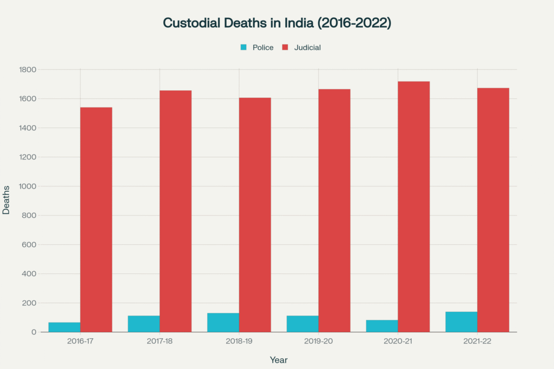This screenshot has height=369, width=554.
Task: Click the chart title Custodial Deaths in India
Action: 277,23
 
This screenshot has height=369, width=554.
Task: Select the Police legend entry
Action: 258,48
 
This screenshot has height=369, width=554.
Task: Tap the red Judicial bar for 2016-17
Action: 96,219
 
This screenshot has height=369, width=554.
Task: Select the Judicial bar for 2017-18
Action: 175,211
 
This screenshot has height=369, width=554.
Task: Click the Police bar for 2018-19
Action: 223,323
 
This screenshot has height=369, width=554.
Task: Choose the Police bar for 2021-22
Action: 461,322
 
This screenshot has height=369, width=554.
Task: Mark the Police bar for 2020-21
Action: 382,326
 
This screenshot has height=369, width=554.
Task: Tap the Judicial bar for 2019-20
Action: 334,211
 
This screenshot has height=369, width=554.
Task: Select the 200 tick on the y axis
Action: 29,303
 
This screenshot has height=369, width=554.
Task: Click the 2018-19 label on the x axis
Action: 239,342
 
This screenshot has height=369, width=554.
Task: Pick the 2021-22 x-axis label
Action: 477,342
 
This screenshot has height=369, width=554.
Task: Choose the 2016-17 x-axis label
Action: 80,342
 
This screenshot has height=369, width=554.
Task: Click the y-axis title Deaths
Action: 6,201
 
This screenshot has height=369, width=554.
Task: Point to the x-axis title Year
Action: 279,360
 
